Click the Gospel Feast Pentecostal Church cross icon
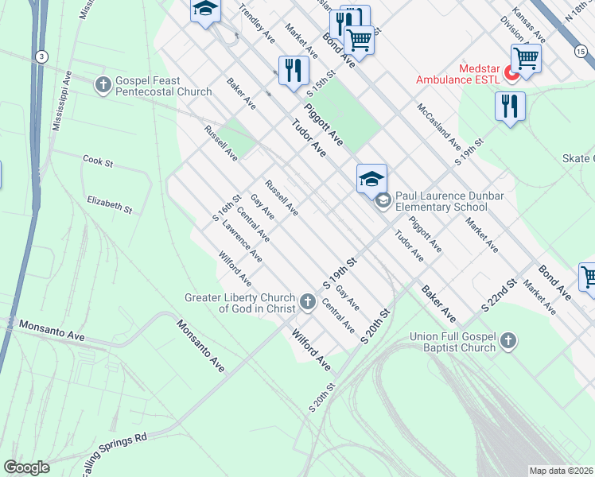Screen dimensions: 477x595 [x=103, y=85]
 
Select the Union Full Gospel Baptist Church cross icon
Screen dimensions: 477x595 [x=509, y=342]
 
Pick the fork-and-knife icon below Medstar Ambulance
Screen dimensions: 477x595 [x=510, y=106]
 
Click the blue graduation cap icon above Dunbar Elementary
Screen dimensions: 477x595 [x=371, y=178]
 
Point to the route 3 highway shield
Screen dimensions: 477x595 [x=40, y=56]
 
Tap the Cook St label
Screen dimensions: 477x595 [x=99, y=161]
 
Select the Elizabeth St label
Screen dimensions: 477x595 [x=110, y=204]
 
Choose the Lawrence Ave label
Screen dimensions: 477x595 [x=243, y=241]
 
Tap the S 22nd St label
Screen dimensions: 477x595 [x=500, y=295]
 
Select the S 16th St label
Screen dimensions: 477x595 [x=227, y=208]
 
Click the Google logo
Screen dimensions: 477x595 [x=27, y=467]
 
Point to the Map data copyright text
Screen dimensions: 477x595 [x=561, y=471]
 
